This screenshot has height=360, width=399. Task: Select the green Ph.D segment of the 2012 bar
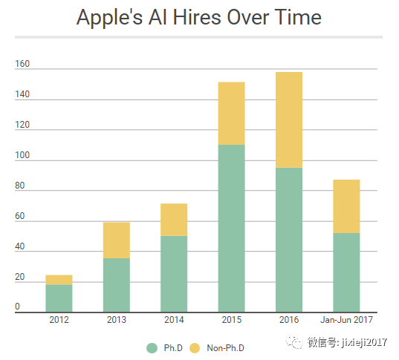pos(59,298)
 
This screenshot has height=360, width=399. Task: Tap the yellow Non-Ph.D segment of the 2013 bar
pos(117,240)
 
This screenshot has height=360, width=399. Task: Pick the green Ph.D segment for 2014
pos(174,274)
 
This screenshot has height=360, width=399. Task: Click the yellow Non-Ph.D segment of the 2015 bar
pos(231,113)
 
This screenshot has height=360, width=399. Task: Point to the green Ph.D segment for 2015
pos(231,229)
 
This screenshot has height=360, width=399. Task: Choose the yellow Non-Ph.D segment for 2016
pos(289,120)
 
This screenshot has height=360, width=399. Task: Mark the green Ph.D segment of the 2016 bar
pos(289,240)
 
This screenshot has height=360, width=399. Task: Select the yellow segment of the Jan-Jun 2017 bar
pos(346,206)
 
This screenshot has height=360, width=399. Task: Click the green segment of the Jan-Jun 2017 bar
pos(346,272)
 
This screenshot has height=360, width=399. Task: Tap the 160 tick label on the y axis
pos(22,64)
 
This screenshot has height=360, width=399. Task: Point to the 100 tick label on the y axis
pos(22,156)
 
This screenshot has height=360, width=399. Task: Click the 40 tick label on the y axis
pos(20,247)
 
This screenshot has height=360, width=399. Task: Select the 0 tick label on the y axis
pos(18,307)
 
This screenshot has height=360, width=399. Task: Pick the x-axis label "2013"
pos(117,321)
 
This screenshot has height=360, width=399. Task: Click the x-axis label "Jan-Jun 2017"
pos(347,321)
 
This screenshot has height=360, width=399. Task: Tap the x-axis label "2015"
pos(231,321)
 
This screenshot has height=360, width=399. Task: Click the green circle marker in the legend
pos(152,347)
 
